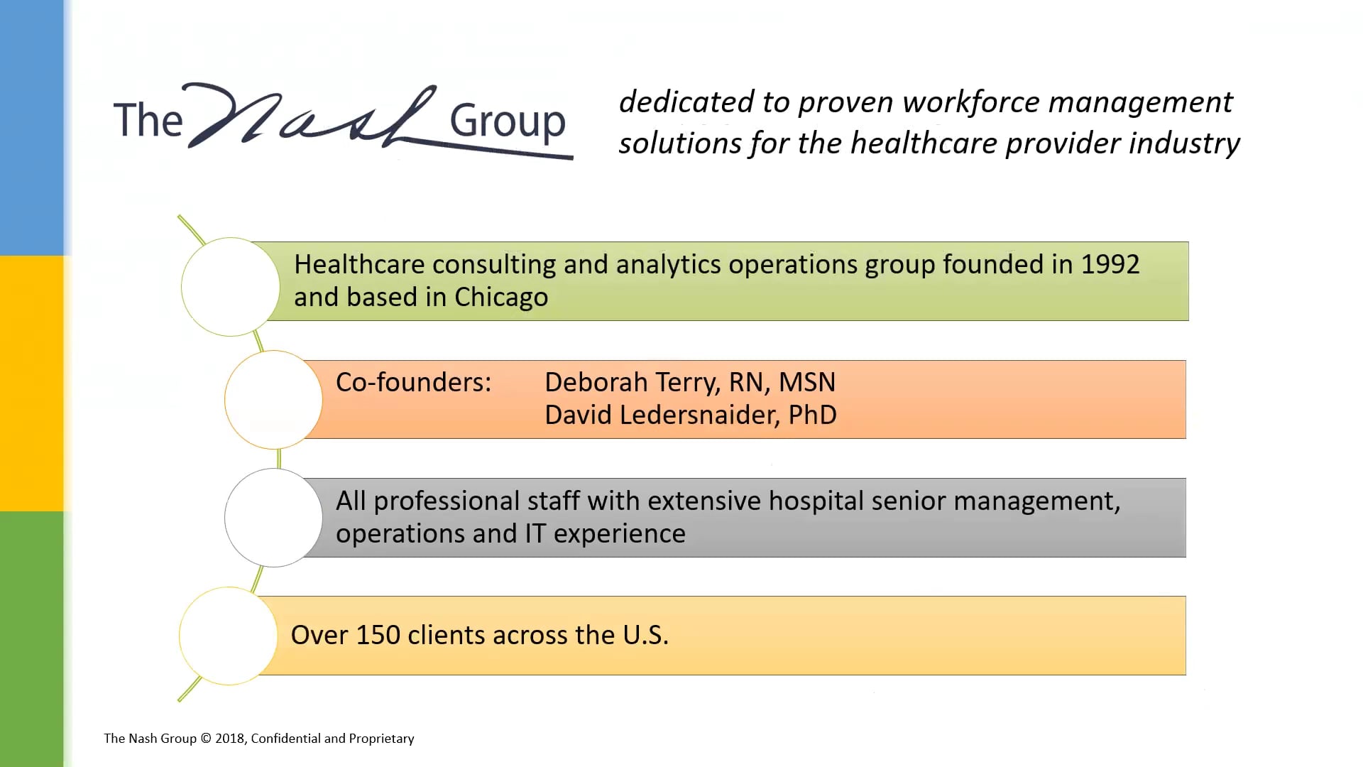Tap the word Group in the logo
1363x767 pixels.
[508, 123]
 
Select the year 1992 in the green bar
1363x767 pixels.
[1110, 265]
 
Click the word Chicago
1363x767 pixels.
[501, 298]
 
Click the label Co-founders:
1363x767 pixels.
[413, 383]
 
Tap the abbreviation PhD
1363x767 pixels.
[813, 415]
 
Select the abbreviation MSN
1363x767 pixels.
[807, 383]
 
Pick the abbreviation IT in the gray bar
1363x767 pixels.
[535, 534]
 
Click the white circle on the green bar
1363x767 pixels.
[231, 287]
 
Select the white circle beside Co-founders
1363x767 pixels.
[273, 400]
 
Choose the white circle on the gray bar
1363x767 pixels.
[273, 518]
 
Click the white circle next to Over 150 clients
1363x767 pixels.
[229, 636]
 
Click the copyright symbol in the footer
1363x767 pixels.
[206, 739]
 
